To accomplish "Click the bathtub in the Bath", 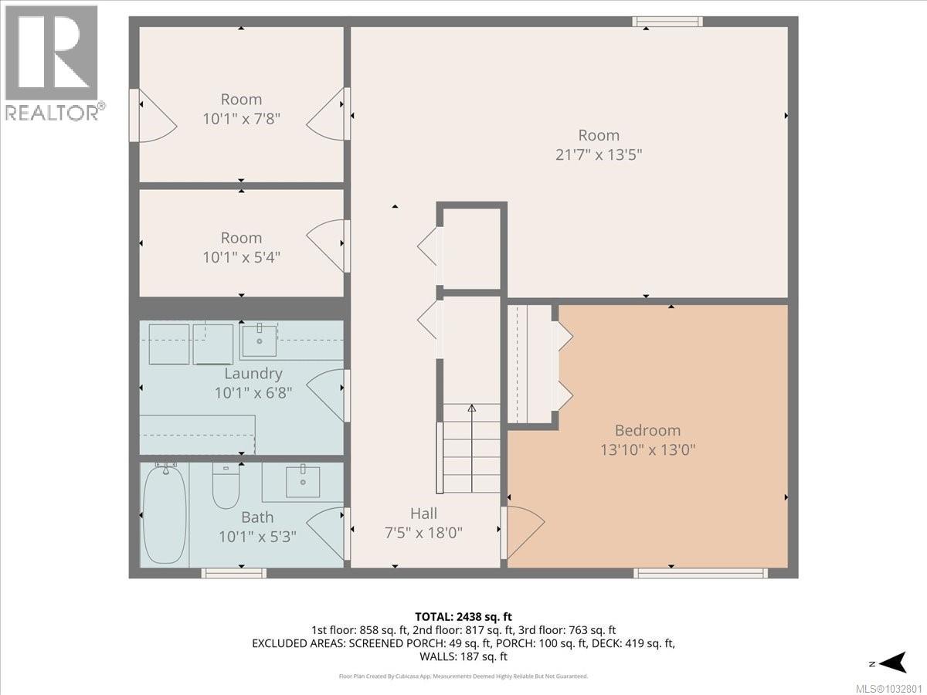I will [165, 514].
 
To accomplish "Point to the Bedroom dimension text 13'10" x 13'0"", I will [649, 449].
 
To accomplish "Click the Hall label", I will [423, 514].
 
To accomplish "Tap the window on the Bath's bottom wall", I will [234, 573].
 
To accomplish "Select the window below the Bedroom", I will [701, 573].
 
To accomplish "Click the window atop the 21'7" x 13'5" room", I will [667, 22].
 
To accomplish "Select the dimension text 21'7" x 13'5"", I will [599, 154].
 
